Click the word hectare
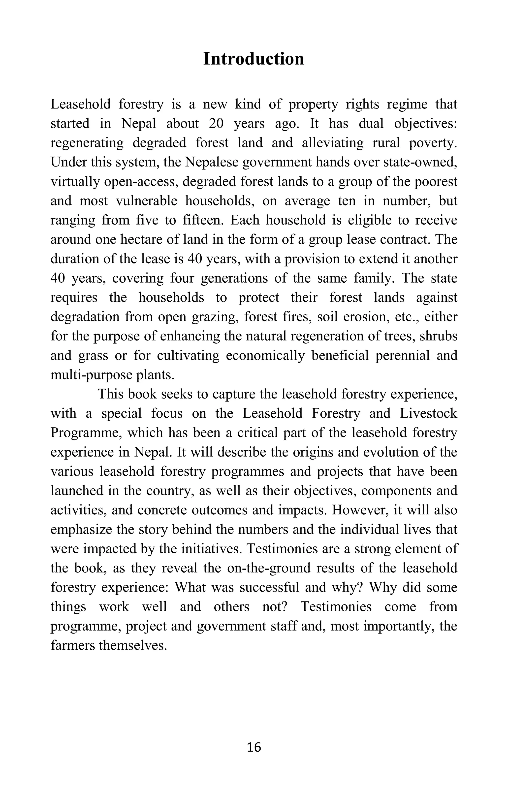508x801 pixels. tap(142, 239)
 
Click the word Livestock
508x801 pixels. tap(428, 413)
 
